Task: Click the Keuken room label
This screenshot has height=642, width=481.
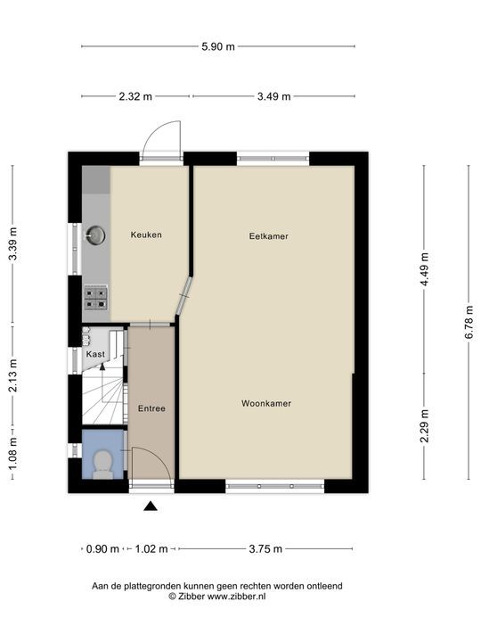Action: pyautogui.click(x=146, y=235)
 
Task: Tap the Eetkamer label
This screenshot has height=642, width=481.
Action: pyautogui.click(x=269, y=236)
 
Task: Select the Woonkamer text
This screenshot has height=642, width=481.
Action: pyautogui.click(x=266, y=403)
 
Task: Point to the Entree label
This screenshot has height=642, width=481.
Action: pyautogui.click(x=151, y=408)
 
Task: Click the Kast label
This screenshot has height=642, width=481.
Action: pyautogui.click(x=95, y=354)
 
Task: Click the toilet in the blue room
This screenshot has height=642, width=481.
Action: pyautogui.click(x=102, y=465)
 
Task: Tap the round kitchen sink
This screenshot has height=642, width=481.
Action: pyautogui.click(x=95, y=235)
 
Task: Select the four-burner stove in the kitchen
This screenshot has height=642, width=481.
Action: pyautogui.click(x=95, y=299)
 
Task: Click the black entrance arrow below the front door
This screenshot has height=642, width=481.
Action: pyautogui.click(x=151, y=506)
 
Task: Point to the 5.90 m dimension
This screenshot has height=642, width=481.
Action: pyautogui.click(x=218, y=46)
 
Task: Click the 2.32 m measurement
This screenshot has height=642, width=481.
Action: pyautogui.click(x=135, y=96)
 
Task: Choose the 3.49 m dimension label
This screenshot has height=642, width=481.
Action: pyautogui.click(x=274, y=96)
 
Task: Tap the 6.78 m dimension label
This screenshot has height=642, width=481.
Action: pyautogui.click(x=469, y=322)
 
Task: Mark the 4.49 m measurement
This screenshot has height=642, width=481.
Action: pyautogui.click(x=425, y=269)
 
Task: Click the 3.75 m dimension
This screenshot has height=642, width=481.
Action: pyautogui.click(x=265, y=548)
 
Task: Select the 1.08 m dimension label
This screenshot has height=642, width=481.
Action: pyautogui.click(x=12, y=454)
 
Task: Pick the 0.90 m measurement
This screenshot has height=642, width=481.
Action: pyautogui.click(x=102, y=548)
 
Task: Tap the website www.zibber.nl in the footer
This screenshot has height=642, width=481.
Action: pyautogui.click(x=236, y=597)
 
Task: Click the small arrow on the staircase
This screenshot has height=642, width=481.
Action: pyautogui.click(x=102, y=366)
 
